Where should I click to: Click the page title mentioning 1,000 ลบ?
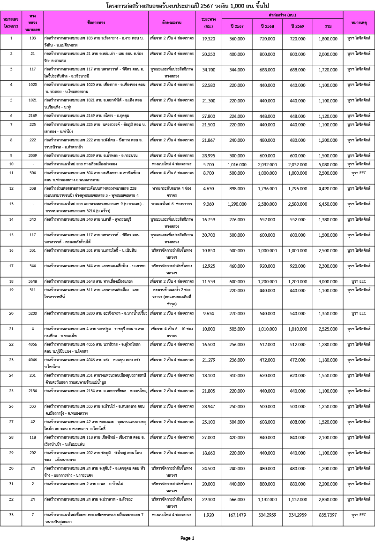click(187, 5)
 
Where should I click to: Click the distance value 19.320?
click(208, 39)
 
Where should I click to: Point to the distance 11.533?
click(208, 281)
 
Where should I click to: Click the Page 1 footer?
click(187, 537)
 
